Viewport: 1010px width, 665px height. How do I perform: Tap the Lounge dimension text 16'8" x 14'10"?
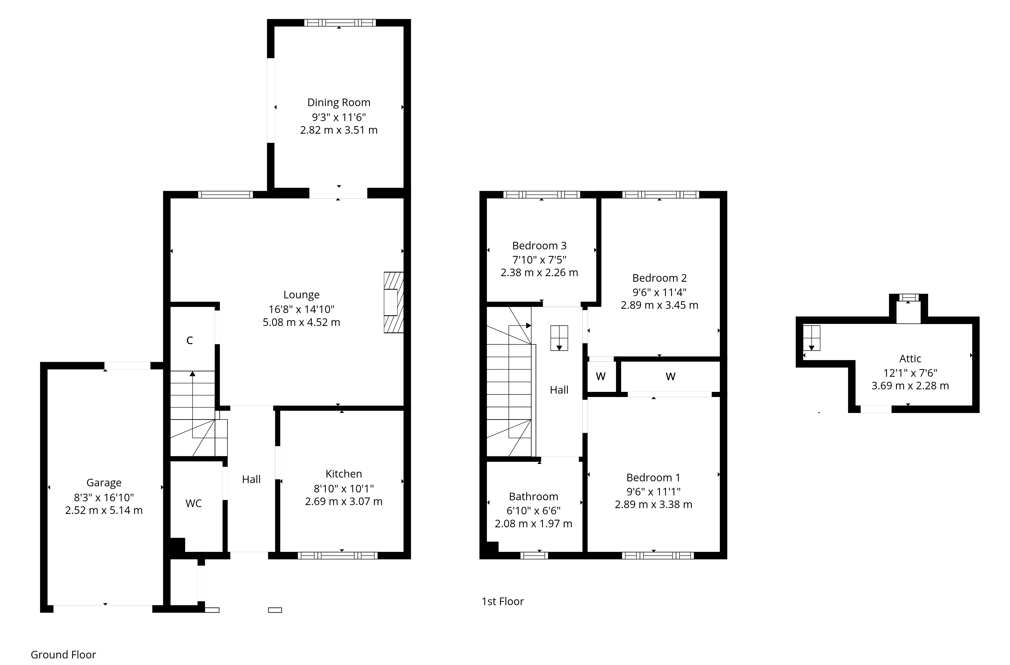pyautogui.click(x=301, y=309)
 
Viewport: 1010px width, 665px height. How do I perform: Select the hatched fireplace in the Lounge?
pyautogui.click(x=393, y=302)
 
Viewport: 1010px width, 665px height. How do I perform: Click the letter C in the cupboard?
pyautogui.click(x=190, y=340)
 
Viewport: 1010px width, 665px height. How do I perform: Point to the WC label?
pyautogui.click(x=193, y=503)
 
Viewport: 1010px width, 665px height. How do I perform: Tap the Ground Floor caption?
pyautogui.click(x=63, y=654)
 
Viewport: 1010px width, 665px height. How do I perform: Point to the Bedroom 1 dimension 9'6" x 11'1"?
pyautogui.click(x=653, y=491)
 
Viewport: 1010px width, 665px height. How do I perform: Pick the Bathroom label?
pyautogui.click(x=534, y=496)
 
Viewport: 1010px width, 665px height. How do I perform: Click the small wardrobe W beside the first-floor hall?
pyautogui.click(x=600, y=376)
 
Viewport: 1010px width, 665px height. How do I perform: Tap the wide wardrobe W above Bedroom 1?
pyautogui.click(x=670, y=376)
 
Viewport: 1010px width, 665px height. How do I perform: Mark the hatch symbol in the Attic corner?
pyautogui.click(x=811, y=338)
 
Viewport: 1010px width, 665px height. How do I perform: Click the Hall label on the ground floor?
pyautogui.click(x=251, y=480)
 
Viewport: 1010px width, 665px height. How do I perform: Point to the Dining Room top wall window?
pyautogui.click(x=340, y=22)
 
